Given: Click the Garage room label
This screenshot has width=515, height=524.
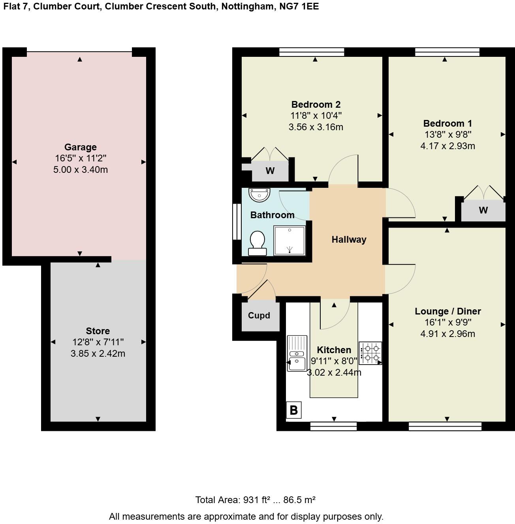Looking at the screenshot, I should point(80,147).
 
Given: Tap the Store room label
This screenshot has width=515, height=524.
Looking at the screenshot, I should point(98,331).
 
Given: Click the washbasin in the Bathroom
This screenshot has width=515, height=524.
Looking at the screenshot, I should point(259,194).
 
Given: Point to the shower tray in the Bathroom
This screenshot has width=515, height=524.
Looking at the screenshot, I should point(289,240).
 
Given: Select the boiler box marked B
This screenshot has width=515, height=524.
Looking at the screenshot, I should point(293,410).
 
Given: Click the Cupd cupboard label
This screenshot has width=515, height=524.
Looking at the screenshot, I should point(259,316).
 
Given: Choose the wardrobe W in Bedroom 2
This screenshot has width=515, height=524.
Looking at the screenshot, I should point(270,171).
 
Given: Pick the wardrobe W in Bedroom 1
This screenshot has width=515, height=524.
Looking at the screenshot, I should point(483,210).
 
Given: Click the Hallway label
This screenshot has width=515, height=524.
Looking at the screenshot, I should point(349,240).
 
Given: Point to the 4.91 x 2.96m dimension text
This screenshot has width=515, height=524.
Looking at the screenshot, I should point(447,334).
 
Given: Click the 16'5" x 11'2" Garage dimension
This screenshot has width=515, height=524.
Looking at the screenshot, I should point(81,159).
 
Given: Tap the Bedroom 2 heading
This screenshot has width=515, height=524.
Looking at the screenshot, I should point(316,105).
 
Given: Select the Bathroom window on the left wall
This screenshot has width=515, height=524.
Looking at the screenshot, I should point(237,221).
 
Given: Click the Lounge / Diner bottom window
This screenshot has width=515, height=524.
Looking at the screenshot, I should point(445,426).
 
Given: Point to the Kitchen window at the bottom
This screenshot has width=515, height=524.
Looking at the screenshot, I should point(333,426).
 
